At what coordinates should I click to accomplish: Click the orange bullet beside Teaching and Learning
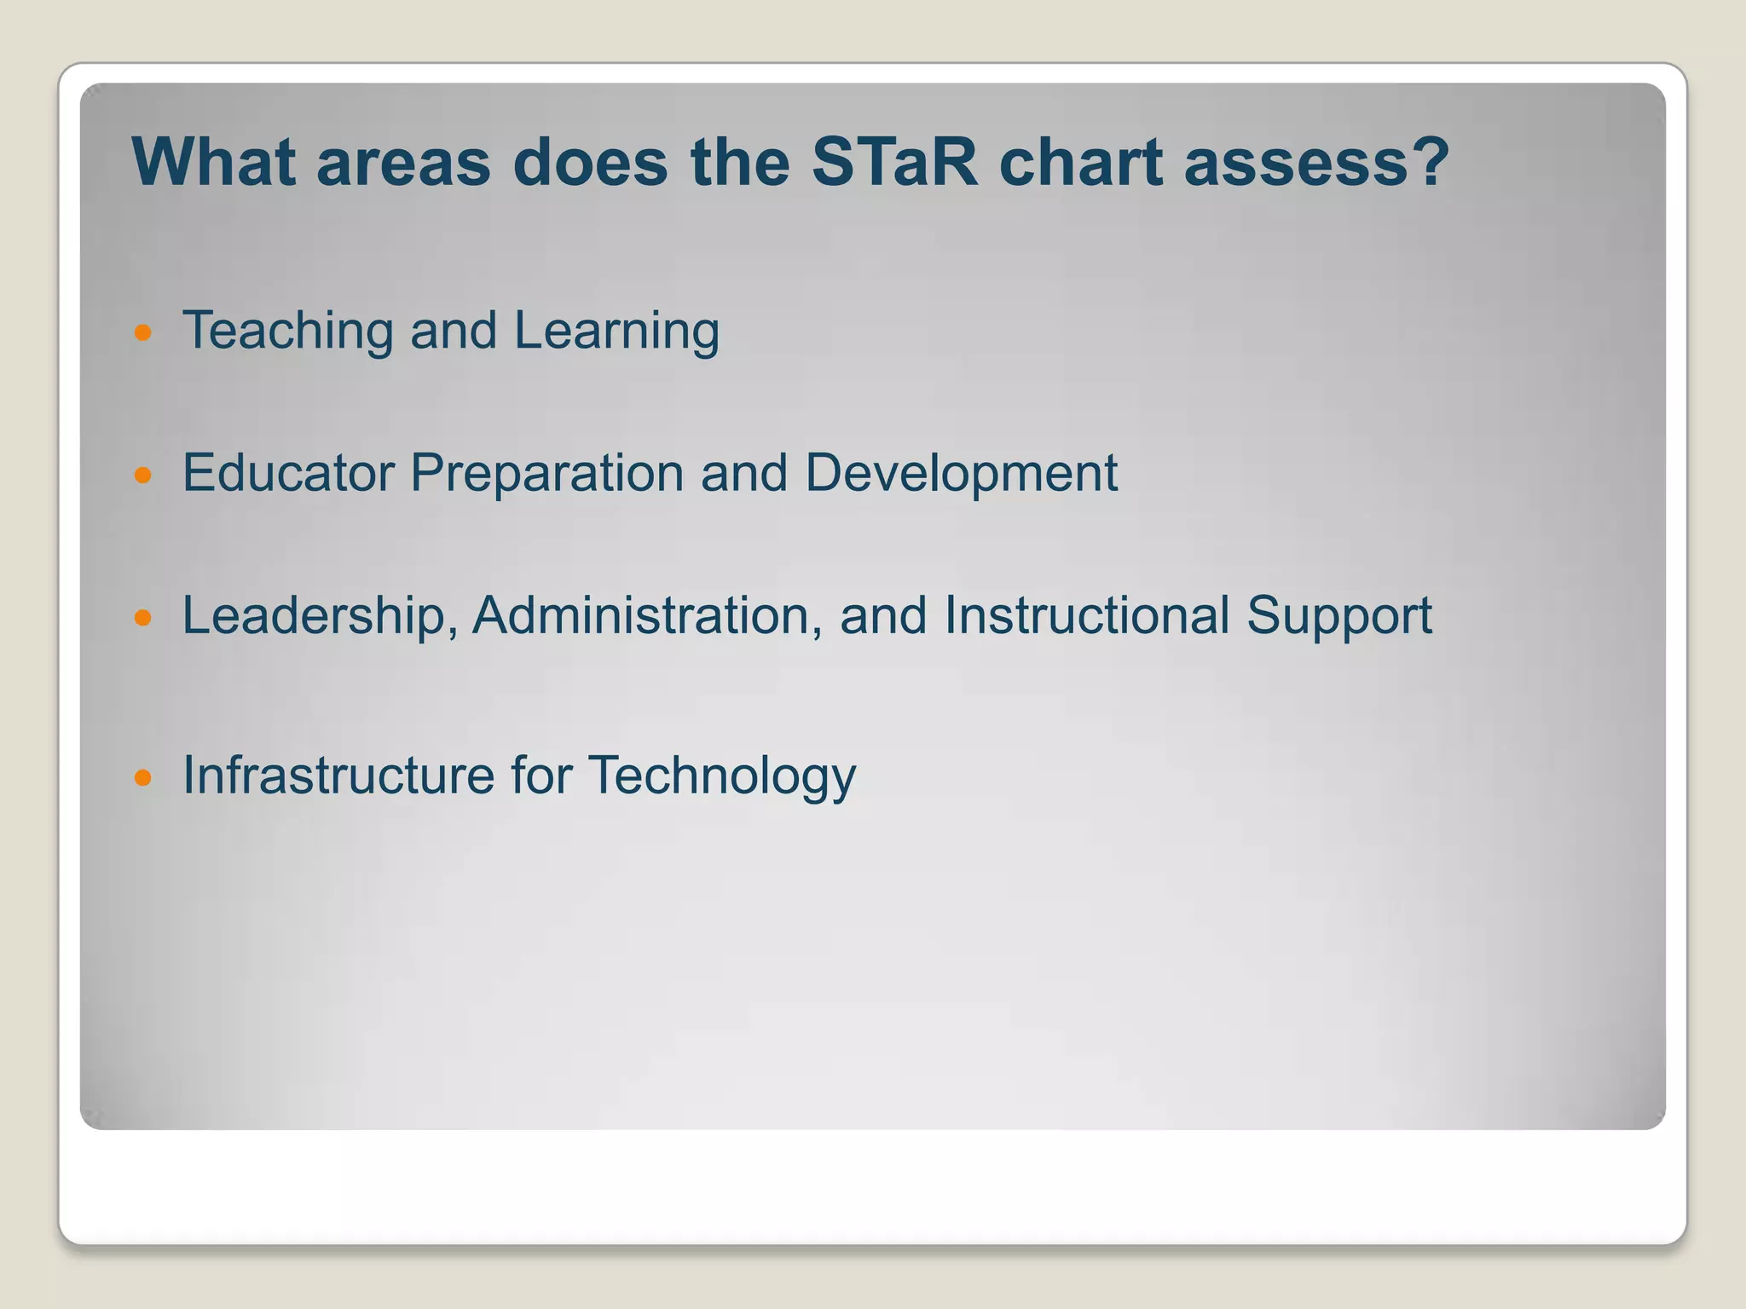(143, 332)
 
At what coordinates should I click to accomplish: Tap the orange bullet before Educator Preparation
(143, 475)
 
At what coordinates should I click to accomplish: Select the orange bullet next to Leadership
(143, 617)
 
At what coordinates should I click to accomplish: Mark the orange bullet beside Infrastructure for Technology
(143, 777)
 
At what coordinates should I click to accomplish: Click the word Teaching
(287, 332)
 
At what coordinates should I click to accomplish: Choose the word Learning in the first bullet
(616, 332)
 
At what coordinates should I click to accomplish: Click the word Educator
(287, 473)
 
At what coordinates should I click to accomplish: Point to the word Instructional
(1086, 615)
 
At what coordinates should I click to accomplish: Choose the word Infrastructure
(338, 776)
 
